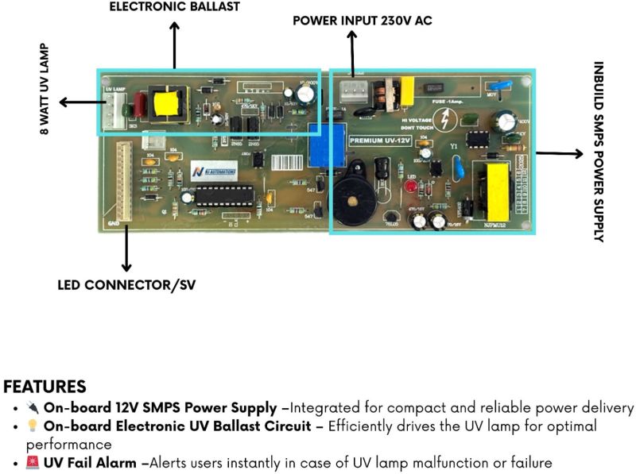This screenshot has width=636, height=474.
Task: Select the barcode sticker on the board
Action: [286, 162]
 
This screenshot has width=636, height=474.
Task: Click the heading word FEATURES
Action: [45, 387]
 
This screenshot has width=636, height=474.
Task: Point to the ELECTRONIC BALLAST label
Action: [174, 7]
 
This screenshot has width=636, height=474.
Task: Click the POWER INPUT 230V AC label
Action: [363, 21]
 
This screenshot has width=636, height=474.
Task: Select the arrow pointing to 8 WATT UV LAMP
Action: [78, 102]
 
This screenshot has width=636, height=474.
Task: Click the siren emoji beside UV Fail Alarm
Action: [33, 463]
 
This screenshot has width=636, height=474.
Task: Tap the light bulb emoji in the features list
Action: [33, 426]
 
